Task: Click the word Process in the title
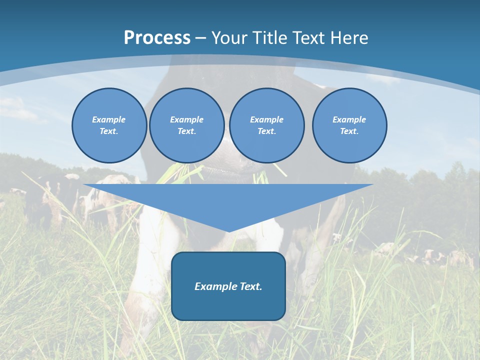[157, 38]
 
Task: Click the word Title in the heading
[270, 38]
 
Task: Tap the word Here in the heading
[350, 38]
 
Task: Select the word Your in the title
[230, 38]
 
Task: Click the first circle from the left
[109, 125]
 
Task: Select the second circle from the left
[186, 125]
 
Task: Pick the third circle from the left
[266, 125]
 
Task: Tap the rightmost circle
[349, 125]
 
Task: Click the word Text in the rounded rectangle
[250, 286]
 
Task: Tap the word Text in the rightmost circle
[349, 131]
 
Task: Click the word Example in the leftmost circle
[109, 119]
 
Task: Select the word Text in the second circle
[186, 131]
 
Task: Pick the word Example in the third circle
[266, 119]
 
